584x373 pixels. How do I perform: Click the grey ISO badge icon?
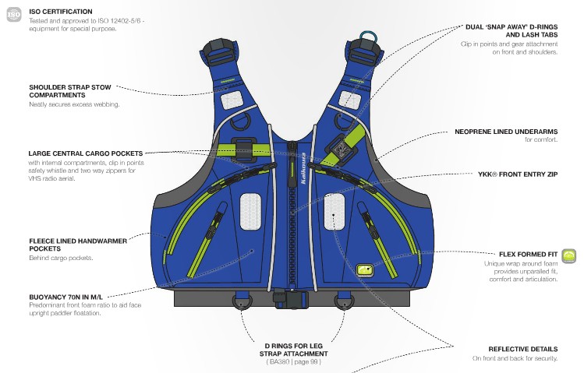click(x=13, y=15)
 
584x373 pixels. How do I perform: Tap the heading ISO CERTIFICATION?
click(x=60, y=12)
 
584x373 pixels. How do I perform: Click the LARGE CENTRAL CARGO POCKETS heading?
click(x=85, y=153)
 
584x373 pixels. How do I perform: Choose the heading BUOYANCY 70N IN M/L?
click(x=65, y=297)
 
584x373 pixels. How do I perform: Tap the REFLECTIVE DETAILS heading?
click(x=522, y=349)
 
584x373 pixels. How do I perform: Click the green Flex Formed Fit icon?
click(x=569, y=255)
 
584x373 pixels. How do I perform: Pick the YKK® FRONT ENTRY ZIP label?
click(x=518, y=175)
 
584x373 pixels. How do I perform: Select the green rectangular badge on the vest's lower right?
click(x=365, y=269)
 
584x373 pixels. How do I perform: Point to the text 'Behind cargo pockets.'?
click(x=61, y=258)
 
